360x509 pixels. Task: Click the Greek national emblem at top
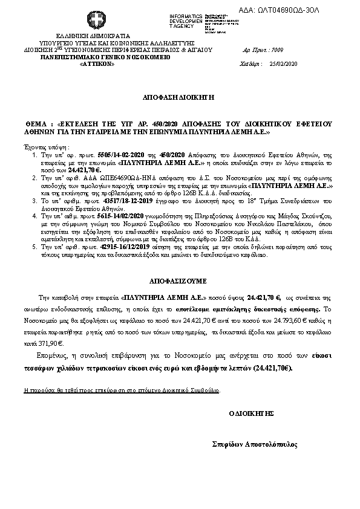click(x=95, y=19)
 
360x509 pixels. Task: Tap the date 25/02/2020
click(x=284, y=63)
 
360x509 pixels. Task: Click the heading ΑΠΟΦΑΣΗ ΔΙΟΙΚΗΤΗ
click(x=178, y=97)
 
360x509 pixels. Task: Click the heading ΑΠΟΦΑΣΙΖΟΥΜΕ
click(x=178, y=281)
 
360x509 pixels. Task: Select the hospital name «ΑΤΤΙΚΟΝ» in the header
click(x=97, y=63)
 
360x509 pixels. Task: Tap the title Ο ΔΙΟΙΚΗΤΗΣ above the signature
click(x=252, y=413)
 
